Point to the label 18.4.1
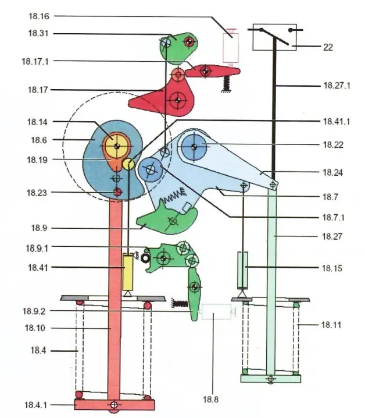point(35,405)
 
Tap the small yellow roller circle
point(128,165)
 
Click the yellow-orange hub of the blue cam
point(116,143)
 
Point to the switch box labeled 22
point(275,38)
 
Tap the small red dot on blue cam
point(117,193)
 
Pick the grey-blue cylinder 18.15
point(243,269)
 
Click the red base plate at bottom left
point(113,404)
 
